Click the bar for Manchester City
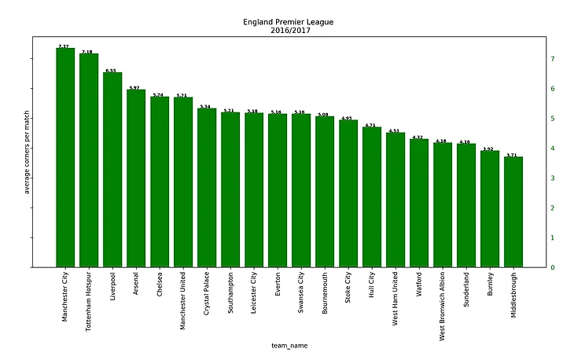pyautogui.click(x=65, y=157)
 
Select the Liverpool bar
pyautogui.click(x=112, y=170)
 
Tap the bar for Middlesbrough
pyautogui.click(x=513, y=212)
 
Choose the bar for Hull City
pyautogui.click(x=372, y=197)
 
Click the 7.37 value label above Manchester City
pyautogui.click(x=64, y=46)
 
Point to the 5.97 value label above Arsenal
pyautogui.click(x=134, y=88)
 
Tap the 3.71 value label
pyautogui.click(x=512, y=155)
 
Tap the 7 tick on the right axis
pyautogui.click(x=553, y=59)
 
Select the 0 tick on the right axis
pyautogui.click(x=553, y=267)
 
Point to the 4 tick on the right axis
pyautogui.click(x=553, y=149)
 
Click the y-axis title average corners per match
pyautogui.click(x=27, y=152)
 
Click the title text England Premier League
pyautogui.click(x=288, y=22)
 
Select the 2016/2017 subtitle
pyautogui.click(x=288, y=31)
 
